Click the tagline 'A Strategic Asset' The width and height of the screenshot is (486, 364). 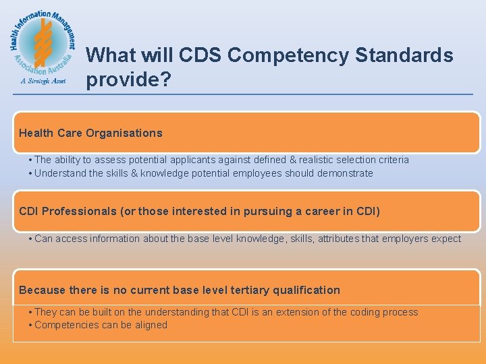(43, 82)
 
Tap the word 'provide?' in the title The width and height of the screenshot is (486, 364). (128, 80)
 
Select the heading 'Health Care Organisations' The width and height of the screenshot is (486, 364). (90, 133)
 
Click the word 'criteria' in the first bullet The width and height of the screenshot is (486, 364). (391, 160)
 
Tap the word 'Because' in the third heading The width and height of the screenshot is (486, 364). (43, 290)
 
